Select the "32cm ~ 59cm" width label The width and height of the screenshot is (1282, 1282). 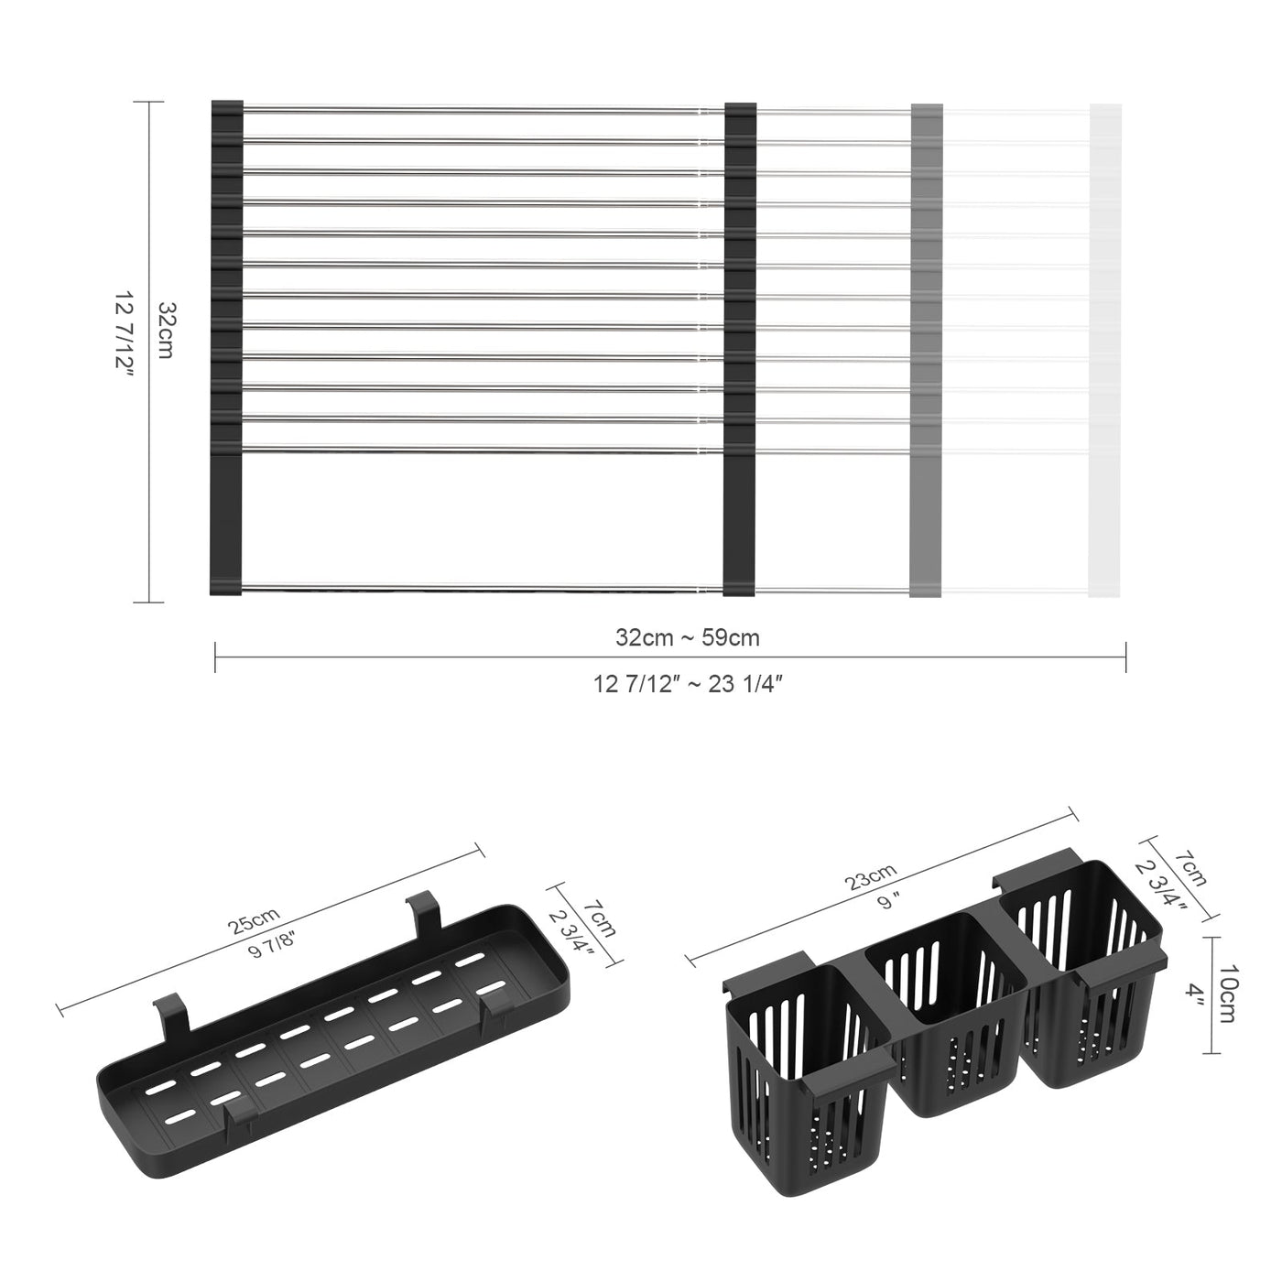click(x=687, y=638)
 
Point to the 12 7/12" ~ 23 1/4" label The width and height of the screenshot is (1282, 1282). click(x=687, y=684)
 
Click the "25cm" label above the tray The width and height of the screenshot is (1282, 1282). click(x=253, y=918)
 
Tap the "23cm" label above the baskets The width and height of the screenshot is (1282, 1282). click(x=871, y=882)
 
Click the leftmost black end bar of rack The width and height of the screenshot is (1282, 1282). click(x=226, y=348)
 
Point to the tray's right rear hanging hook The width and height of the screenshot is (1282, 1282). click(x=421, y=911)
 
